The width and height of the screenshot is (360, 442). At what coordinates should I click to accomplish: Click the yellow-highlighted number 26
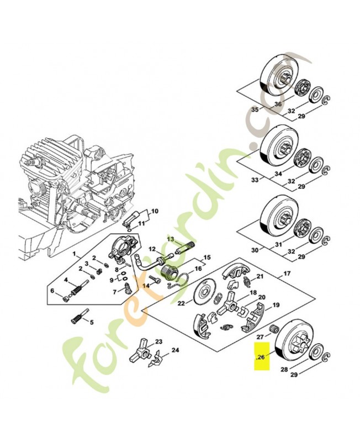click(261, 357)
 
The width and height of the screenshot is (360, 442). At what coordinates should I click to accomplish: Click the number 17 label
click(287, 273)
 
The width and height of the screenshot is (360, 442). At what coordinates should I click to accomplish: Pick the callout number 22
click(181, 302)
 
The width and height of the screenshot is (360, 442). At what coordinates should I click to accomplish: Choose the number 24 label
click(175, 350)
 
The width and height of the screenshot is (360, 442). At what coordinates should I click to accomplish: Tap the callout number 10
click(154, 211)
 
